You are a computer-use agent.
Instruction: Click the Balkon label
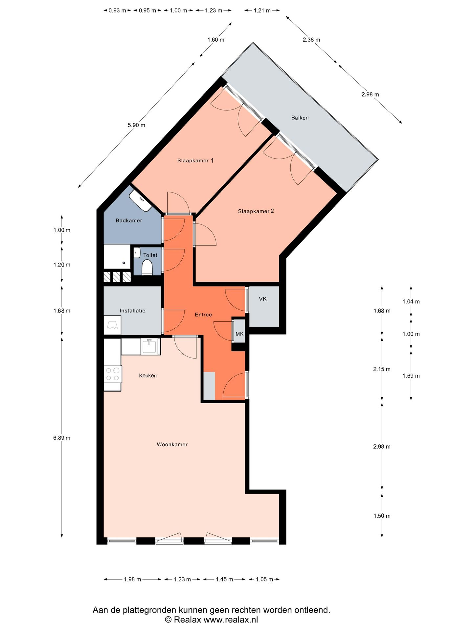pos(300,118)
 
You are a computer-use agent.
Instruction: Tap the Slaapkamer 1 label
pos(195,160)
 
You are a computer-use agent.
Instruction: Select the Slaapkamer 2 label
pos(256,211)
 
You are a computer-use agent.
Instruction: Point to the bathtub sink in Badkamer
pos(141,200)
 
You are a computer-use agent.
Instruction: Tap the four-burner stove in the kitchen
pos(113,374)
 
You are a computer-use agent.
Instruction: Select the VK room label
pos(263,299)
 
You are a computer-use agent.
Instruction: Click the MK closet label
pos(239,334)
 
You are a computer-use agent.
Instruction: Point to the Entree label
pos(203,315)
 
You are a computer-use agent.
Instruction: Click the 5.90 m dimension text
pos(136,125)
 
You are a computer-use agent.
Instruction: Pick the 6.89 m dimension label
pos(62,438)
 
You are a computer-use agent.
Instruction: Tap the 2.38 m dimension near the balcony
pos(311,40)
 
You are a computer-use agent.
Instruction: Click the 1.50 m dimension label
pos(382,516)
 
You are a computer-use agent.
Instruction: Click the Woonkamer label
pos(172,444)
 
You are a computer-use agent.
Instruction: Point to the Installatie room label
pos(132,311)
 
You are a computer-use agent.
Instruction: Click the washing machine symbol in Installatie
pos(112,325)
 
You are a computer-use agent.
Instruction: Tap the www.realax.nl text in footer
pos(231,620)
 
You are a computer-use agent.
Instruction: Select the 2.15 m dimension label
pos(382,369)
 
